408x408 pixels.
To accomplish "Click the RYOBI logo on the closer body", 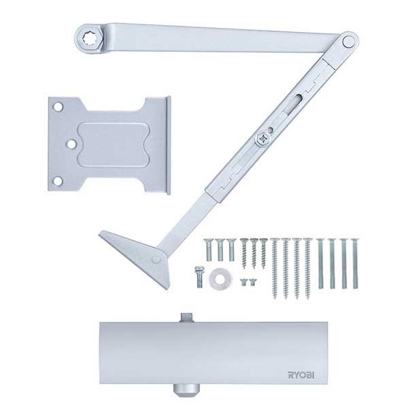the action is click(301, 375).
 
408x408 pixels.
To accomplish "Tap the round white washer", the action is click(221, 279).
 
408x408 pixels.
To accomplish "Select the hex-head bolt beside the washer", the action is click(199, 277).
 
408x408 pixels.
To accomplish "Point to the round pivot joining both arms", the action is click(348, 41).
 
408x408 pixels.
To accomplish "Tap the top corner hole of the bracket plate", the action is click(58, 107).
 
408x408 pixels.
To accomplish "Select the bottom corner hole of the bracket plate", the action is click(58, 181).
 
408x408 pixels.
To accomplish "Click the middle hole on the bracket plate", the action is click(72, 144).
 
